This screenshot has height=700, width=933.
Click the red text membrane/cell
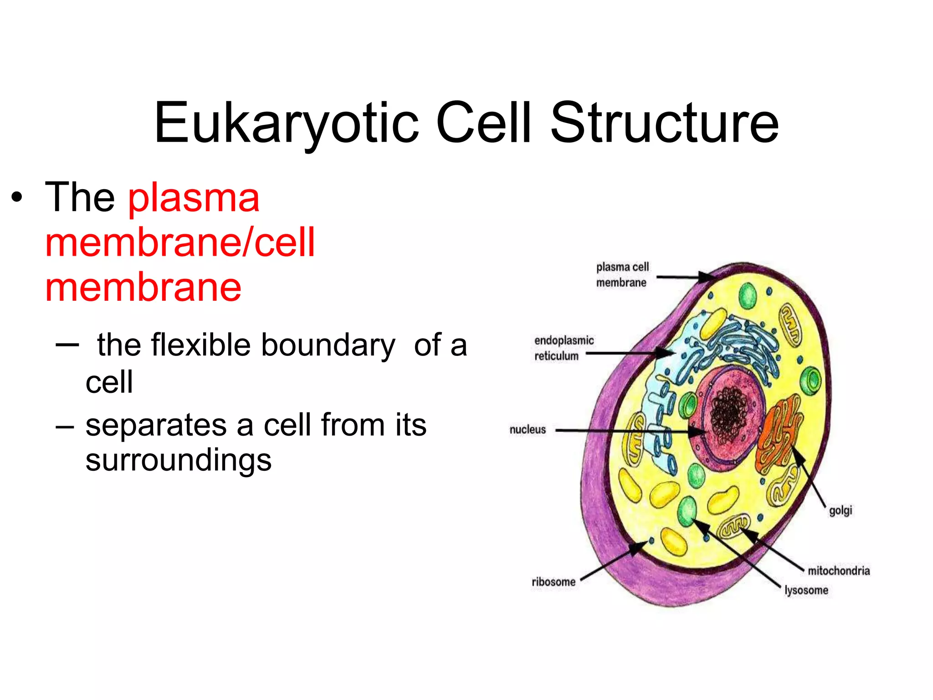coord(180,242)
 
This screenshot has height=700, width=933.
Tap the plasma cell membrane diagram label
coord(622,275)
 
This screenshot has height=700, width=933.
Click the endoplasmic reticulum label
coord(563,348)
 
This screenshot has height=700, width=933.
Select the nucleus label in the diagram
coord(527,430)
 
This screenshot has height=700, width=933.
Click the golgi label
coord(840,510)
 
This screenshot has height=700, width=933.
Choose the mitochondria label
coord(838,571)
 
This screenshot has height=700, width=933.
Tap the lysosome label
coord(806,590)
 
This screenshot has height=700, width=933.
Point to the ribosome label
coord(553,582)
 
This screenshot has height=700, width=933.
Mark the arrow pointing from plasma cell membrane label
coord(681,277)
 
